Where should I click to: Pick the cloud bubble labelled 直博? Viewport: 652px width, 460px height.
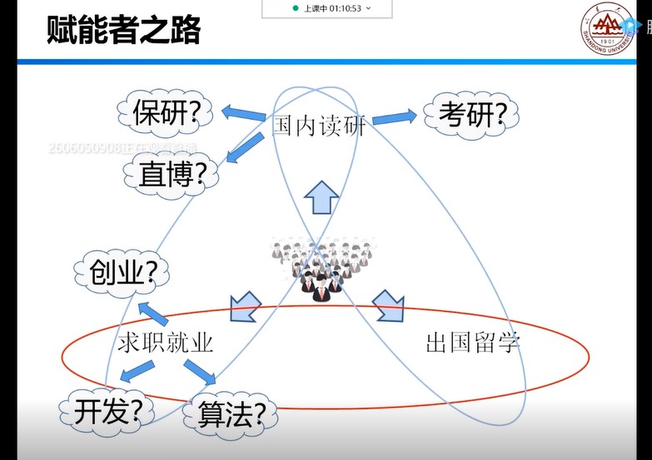pyautogui.click(x=171, y=175)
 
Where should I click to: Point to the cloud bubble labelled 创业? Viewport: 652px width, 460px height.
pyautogui.click(x=122, y=273)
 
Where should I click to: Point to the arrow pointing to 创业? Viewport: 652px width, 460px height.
pyautogui.click(x=154, y=314)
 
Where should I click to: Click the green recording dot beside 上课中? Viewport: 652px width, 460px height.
pyautogui.click(x=296, y=7)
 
